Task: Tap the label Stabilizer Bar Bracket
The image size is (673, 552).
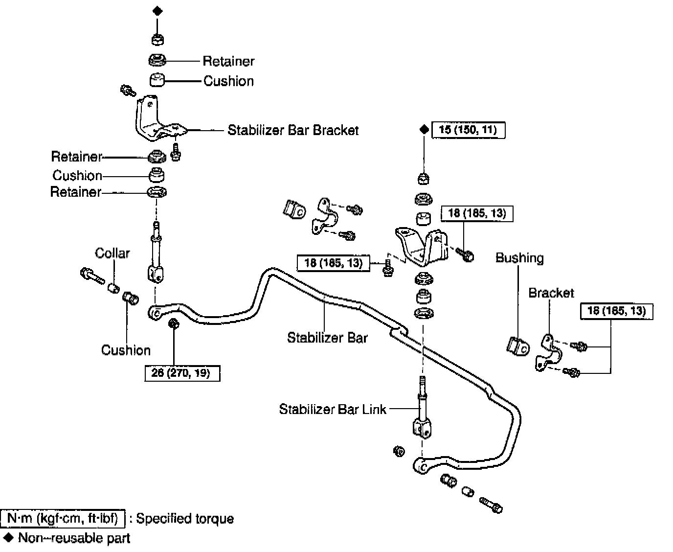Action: (x=293, y=130)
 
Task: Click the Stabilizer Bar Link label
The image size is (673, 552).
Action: (x=333, y=409)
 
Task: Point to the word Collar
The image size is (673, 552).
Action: (x=112, y=253)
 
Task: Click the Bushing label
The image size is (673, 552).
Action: (x=519, y=258)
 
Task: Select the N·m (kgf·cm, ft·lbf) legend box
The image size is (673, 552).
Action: (x=63, y=518)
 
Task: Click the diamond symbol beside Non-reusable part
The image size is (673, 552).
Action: (x=8, y=538)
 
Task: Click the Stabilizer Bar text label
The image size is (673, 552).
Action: (x=327, y=338)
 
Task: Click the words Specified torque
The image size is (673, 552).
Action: (x=185, y=519)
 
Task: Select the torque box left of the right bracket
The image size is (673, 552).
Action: (x=334, y=263)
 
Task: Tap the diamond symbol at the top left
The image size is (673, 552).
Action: (x=157, y=11)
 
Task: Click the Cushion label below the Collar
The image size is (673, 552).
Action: (x=126, y=350)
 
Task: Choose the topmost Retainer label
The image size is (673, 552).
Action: (x=228, y=61)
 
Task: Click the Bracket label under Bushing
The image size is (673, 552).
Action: (x=551, y=293)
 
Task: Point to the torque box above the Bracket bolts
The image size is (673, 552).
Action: (x=617, y=311)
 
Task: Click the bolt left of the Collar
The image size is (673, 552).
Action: (x=92, y=276)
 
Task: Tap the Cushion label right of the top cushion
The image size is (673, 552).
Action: (x=228, y=81)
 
